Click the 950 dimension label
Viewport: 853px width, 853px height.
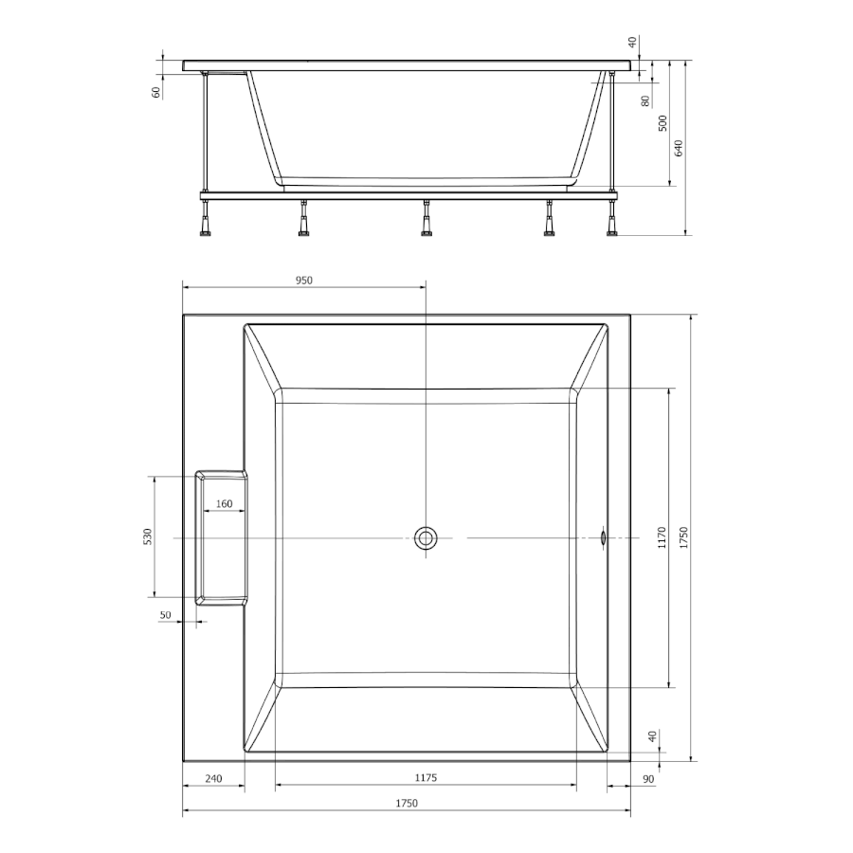click(x=303, y=281)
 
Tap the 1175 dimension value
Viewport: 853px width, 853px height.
click(x=426, y=778)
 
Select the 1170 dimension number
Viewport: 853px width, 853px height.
click(x=662, y=537)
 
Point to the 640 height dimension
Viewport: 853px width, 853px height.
click(x=679, y=148)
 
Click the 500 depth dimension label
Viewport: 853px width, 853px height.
click(x=662, y=123)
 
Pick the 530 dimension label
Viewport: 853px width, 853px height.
click(x=148, y=536)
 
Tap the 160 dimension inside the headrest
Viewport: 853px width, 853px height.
click(x=224, y=504)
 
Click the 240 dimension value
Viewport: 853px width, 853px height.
click(x=213, y=778)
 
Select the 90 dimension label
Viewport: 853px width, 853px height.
click(x=648, y=779)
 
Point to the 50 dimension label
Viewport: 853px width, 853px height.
click(x=165, y=615)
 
